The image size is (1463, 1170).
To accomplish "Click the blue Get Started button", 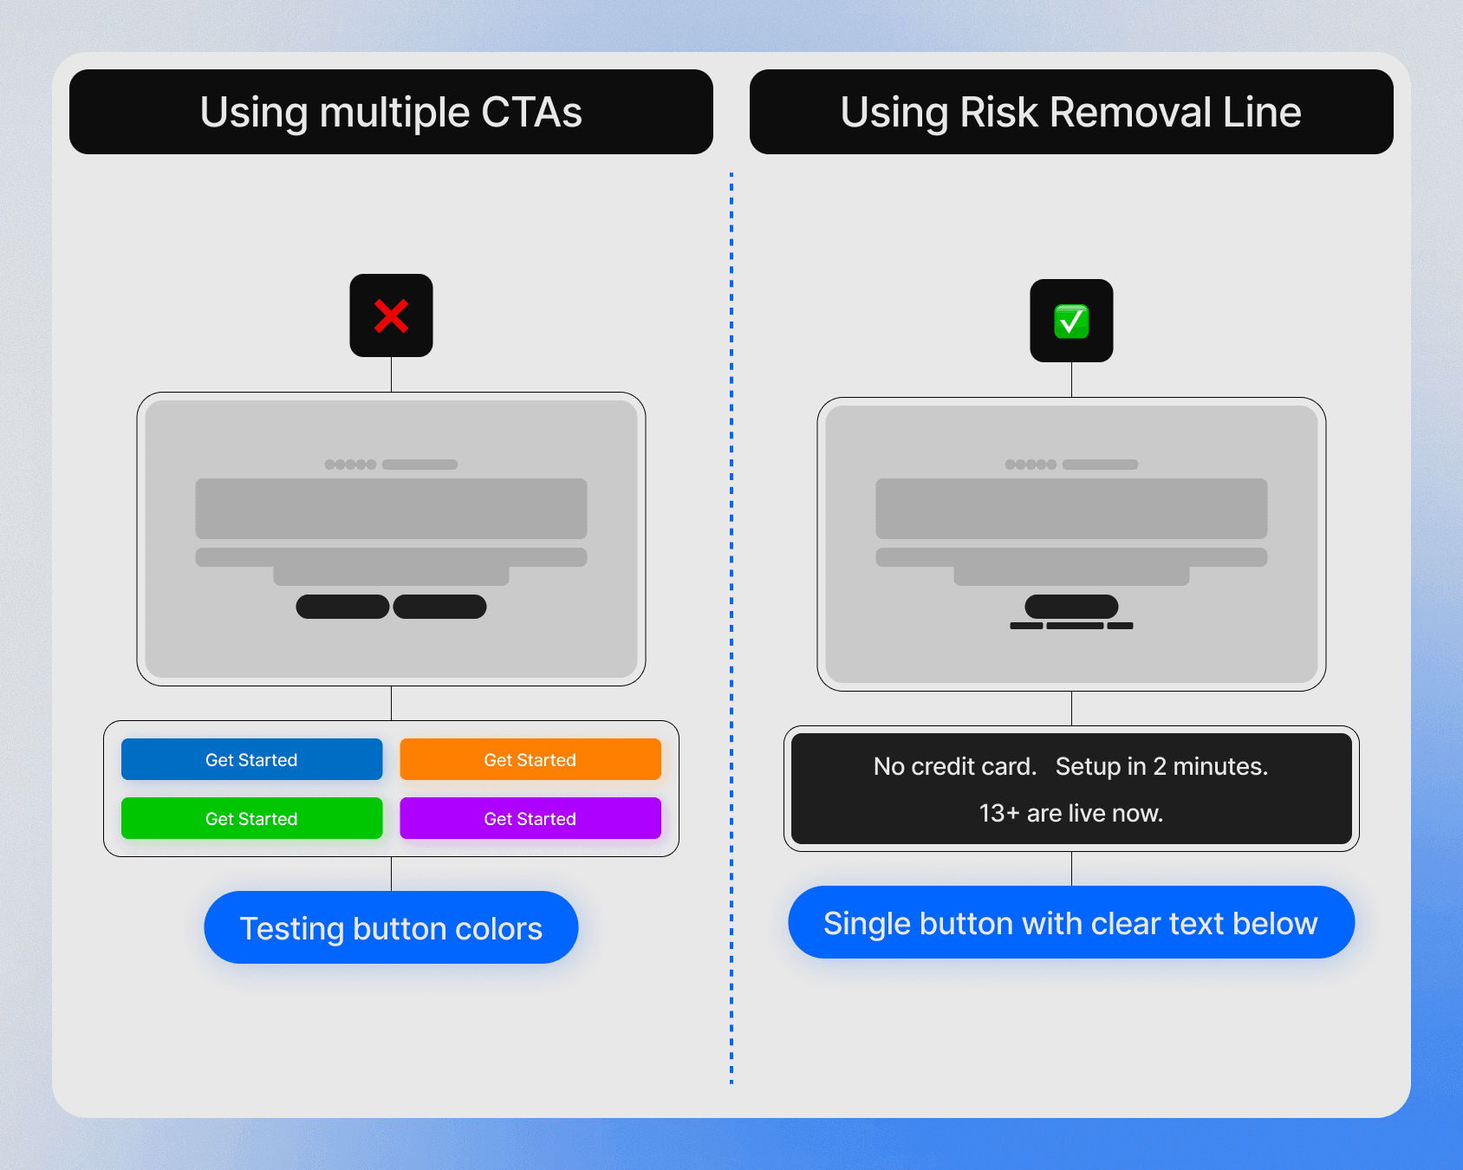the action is pyautogui.click(x=251, y=759).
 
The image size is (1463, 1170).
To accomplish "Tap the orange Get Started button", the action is pyautogui.click(x=530, y=759).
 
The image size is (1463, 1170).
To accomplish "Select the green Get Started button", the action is pyautogui.click(x=251, y=818).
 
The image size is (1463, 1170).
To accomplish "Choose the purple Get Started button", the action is pyautogui.click(x=530, y=818).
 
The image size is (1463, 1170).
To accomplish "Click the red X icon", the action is pyautogui.click(x=391, y=315).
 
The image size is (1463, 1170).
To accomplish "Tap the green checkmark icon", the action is pyautogui.click(x=1071, y=321).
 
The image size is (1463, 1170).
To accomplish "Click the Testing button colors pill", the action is pyautogui.click(x=391, y=927).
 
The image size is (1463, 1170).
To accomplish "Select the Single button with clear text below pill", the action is pyautogui.click(x=1070, y=922).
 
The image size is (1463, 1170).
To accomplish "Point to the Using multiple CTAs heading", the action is pyautogui.click(x=391, y=112).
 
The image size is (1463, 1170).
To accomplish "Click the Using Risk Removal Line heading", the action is pyautogui.click(x=1071, y=112).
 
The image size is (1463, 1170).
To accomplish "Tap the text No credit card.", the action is pyautogui.click(x=954, y=766).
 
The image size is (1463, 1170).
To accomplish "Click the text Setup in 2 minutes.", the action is pyautogui.click(x=1161, y=766).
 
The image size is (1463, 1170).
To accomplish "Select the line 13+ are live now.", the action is pyautogui.click(x=1070, y=813).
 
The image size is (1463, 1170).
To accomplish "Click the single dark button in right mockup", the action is pyautogui.click(x=1071, y=606).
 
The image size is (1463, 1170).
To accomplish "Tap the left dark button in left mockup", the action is pyautogui.click(x=342, y=607).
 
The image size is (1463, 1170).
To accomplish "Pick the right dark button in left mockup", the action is pyautogui.click(x=439, y=607).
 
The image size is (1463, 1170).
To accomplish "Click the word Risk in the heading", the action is pyautogui.click(x=998, y=112).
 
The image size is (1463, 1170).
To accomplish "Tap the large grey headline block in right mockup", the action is pyautogui.click(x=1071, y=508).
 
